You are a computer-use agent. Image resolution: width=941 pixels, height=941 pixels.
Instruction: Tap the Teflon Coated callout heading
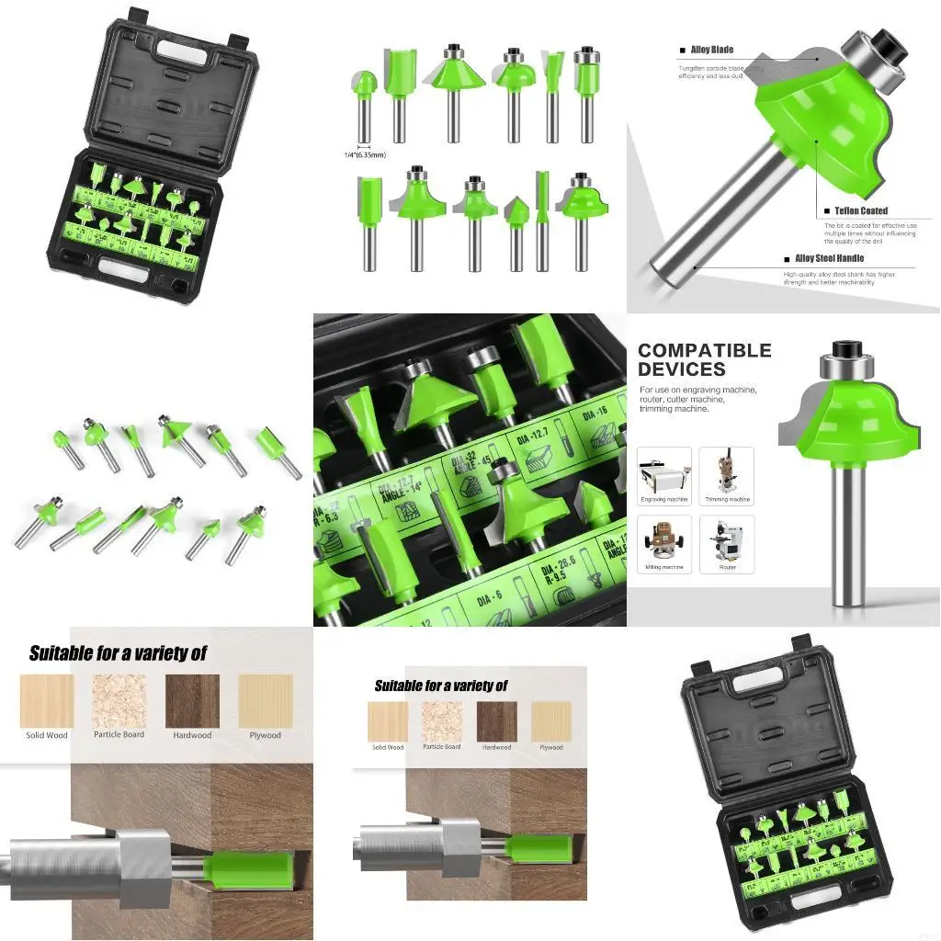861,211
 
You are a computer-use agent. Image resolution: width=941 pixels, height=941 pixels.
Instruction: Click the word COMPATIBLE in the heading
704,350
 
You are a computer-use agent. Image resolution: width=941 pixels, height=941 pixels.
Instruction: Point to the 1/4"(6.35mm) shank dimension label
364,154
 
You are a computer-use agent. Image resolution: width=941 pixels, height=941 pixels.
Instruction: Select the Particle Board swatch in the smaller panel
441,721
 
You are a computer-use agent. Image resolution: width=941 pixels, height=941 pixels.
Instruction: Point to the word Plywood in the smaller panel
551,747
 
